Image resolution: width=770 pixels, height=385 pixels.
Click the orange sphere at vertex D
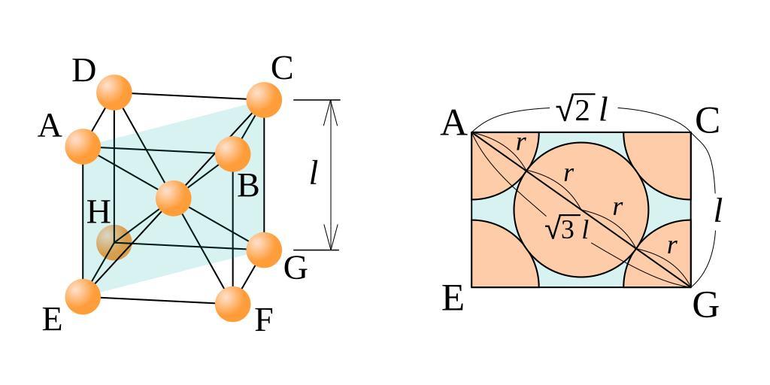click(114, 92)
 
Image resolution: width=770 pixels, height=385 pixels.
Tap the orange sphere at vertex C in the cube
click(264, 99)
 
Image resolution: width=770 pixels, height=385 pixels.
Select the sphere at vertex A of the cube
click(83, 146)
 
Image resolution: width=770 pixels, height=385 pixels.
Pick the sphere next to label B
click(232, 153)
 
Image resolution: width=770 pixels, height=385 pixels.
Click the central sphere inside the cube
click(173, 198)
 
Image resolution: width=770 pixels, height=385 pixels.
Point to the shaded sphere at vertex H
click(114, 242)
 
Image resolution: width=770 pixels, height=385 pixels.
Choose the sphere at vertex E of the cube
click(83, 296)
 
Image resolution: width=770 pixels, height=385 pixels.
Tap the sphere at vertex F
click(232, 304)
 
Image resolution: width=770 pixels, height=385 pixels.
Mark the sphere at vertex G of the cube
click(264, 250)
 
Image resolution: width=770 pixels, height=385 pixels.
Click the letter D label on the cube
click(84, 71)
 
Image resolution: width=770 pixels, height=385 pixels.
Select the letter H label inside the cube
click(99, 213)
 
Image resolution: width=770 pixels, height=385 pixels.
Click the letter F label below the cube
click(263, 321)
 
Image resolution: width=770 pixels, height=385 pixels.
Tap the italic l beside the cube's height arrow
click(314, 173)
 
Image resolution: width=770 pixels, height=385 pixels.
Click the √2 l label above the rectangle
click(581, 111)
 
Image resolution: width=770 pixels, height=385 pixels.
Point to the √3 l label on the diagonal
click(566, 228)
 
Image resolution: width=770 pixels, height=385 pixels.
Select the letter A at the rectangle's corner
click(453, 123)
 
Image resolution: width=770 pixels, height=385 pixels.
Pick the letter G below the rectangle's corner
click(705, 306)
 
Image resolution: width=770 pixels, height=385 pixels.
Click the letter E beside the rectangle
click(452, 299)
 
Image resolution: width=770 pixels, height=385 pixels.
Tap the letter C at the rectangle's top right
click(707, 121)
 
